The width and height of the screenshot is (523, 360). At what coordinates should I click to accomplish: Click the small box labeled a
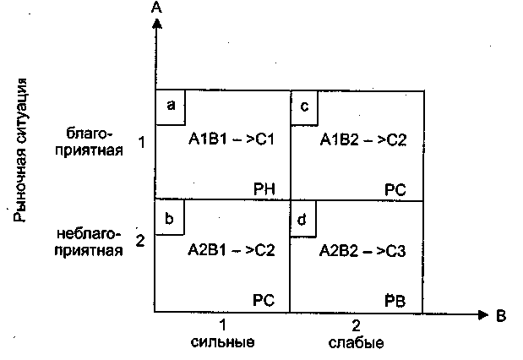click(171, 106)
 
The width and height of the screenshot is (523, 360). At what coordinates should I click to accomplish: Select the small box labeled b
click(170, 217)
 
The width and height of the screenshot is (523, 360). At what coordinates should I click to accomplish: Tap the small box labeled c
click(304, 106)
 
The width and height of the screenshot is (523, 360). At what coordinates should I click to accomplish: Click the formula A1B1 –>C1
click(231, 139)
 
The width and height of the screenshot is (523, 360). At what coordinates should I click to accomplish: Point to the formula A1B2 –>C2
click(363, 139)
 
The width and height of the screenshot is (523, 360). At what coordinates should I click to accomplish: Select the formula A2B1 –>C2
click(231, 250)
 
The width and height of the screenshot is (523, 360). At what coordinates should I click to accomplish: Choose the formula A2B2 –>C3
click(363, 250)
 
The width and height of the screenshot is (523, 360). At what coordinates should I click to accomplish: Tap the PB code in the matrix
click(395, 301)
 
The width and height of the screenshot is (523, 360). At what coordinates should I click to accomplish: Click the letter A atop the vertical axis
click(156, 8)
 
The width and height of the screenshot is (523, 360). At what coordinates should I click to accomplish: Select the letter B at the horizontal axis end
click(500, 315)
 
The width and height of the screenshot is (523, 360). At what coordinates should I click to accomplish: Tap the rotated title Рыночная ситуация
click(24, 149)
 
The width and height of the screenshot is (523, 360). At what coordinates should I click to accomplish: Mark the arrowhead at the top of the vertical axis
click(156, 24)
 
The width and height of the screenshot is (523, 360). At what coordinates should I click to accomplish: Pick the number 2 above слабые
click(356, 325)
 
